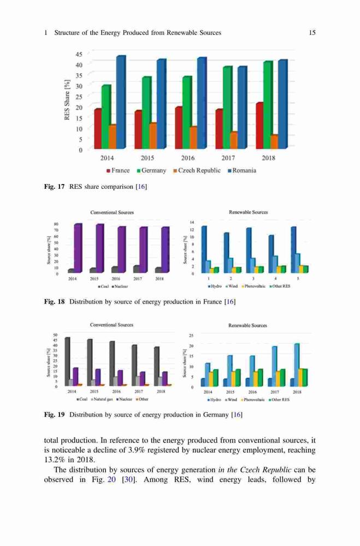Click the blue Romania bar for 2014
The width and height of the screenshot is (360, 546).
[x=121, y=102]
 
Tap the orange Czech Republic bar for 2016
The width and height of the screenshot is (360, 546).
[x=193, y=138]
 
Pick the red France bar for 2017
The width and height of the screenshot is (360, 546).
[x=219, y=129]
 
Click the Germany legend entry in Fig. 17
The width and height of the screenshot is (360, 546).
[x=152, y=170]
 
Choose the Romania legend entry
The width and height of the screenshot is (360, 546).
[x=242, y=170]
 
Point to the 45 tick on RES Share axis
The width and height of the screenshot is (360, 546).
[x=79, y=54]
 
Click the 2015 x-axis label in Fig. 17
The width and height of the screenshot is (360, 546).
[x=147, y=158]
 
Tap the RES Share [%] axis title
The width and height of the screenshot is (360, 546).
[x=67, y=100]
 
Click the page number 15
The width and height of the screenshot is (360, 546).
[x=312, y=33]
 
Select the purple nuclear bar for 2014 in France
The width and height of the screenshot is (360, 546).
[x=78, y=248]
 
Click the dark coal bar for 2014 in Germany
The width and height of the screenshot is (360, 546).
[x=67, y=361]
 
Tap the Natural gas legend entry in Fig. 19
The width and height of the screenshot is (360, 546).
[x=103, y=400]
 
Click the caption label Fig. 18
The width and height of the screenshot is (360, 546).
[x=55, y=302]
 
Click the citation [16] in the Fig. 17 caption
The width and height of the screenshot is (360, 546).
[x=141, y=187]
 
